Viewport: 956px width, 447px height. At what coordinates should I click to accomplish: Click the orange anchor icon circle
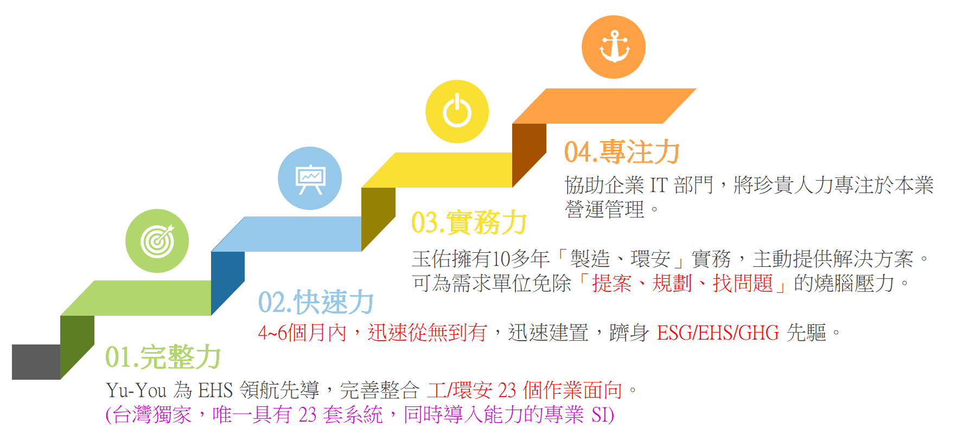pos(613,47)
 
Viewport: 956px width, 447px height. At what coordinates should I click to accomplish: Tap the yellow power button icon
pos(457,112)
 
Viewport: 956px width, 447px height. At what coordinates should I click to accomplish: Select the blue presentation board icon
pos(310,178)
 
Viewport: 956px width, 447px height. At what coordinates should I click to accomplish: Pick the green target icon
pos(157,241)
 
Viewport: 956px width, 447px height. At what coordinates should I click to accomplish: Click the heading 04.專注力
pos(622,152)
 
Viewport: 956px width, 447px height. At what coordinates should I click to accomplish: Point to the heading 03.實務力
pos(469,222)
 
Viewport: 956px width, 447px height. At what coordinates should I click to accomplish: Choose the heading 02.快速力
pos(316,302)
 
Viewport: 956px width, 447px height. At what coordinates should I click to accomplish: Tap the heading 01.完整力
pos(163,357)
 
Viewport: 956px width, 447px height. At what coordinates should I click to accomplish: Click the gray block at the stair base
pos(36,362)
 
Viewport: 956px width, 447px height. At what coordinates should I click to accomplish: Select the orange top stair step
pos(604,106)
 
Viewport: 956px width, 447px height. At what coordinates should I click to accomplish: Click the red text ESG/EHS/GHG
pos(717,333)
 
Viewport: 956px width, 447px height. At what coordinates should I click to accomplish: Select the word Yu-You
pos(136,390)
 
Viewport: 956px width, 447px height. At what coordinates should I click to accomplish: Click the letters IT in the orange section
pos(659,186)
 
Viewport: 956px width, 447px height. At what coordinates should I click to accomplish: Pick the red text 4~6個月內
pos(302,333)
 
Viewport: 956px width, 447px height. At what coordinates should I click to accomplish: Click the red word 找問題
pos(743,283)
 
